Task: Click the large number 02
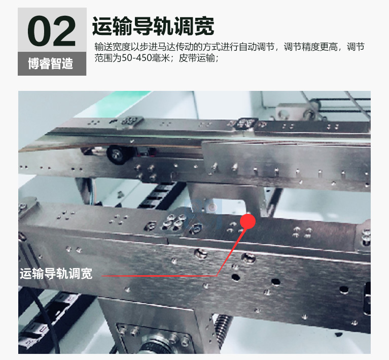(x=52, y=31)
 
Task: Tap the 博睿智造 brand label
(x=50, y=63)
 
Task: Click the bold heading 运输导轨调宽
(x=153, y=26)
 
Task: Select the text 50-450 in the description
(x=136, y=58)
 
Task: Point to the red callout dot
(x=247, y=221)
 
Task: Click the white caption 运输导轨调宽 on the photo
(x=56, y=274)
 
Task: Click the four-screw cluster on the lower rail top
(x=174, y=221)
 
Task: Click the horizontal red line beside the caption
(x=159, y=276)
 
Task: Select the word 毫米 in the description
(x=160, y=58)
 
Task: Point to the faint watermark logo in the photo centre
(x=203, y=213)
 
